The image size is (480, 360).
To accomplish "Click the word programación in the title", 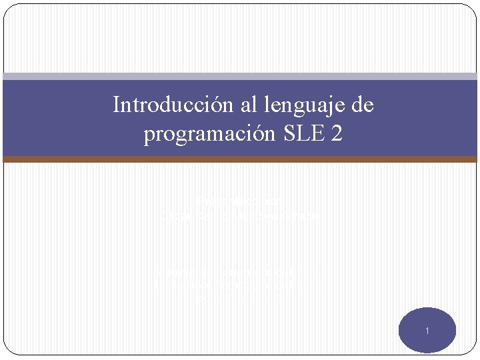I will click(x=204, y=135).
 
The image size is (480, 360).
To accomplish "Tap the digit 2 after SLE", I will click(x=337, y=134).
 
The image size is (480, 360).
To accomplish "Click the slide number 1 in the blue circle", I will click(x=427, y=331).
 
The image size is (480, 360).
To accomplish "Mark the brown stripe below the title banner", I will click(x=240, y=159).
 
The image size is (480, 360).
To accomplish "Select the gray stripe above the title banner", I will click(x=240, y=77).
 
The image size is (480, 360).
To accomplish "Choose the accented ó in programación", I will click(x=255, y=134).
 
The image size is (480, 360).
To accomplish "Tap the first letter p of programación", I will click(x=149, y=136).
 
